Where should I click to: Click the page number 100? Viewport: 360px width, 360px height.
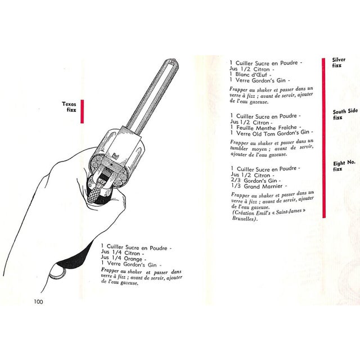point(38,302)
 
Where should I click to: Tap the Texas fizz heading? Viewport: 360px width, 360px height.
point(70,107)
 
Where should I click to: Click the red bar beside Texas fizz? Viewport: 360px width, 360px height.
point(82,111)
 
